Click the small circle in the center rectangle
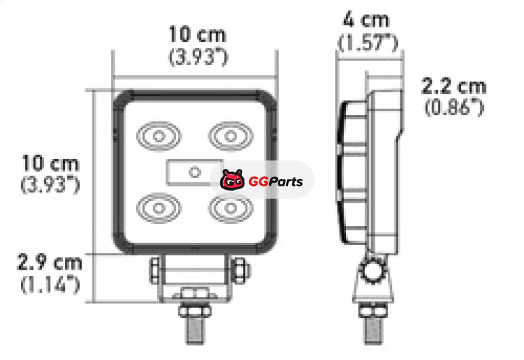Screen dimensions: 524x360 [195, 172]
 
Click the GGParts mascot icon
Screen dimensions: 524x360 [233, 179]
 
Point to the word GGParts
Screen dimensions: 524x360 [276, 182]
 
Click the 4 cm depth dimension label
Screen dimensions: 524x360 [367, 20]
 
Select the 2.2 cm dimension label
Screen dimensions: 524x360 [454, 86]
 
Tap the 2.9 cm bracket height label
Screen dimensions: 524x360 [50, 262]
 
